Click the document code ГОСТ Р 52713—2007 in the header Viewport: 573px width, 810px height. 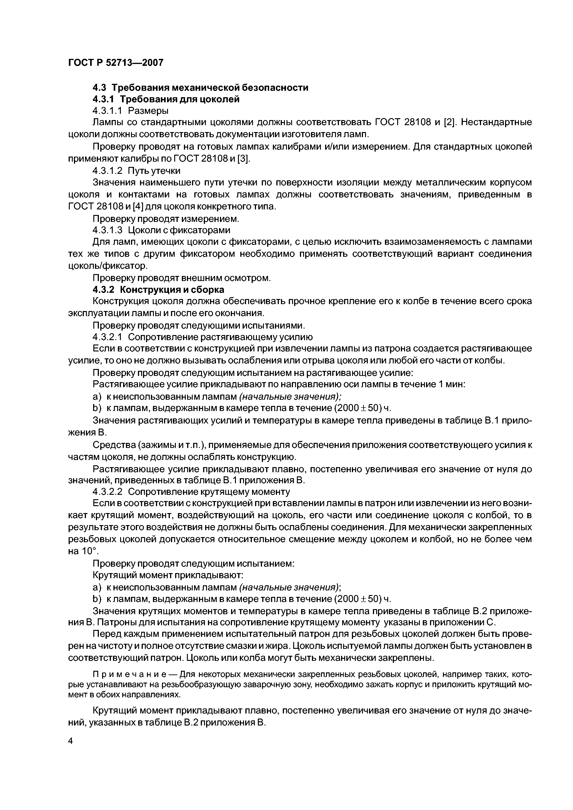116,63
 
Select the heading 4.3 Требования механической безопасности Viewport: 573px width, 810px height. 200,88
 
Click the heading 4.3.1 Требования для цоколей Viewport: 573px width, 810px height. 166,100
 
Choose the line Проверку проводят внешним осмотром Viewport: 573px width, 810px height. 181,278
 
